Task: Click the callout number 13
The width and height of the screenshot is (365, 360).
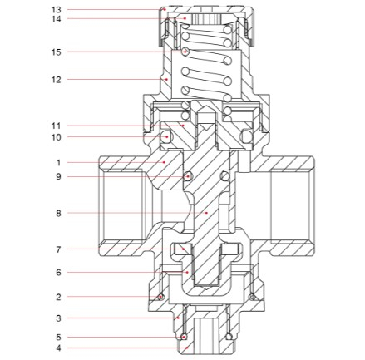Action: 56,10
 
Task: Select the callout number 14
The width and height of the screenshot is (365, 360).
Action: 56,19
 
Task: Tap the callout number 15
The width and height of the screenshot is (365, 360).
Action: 56,52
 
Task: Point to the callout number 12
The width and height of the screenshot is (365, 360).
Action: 56,80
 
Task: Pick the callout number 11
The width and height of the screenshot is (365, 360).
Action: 56,126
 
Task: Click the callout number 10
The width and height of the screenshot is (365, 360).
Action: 56,137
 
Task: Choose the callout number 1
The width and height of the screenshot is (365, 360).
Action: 58,163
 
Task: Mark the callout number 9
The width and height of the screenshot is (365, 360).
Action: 58,176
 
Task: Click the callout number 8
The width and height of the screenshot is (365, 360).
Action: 58,214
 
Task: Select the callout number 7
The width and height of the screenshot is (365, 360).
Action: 58,249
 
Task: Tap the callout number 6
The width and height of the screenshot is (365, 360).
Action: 58,273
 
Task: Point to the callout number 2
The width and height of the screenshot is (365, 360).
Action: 58,298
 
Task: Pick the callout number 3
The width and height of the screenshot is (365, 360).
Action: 58,318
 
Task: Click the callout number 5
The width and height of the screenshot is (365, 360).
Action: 58,338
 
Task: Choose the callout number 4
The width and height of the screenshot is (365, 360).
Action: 58,348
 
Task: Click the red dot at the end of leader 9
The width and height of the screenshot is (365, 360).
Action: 189,176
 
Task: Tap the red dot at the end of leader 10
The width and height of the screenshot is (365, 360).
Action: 167,137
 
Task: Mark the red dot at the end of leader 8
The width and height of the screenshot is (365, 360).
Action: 206,213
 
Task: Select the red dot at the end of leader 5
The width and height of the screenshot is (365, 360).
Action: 184,337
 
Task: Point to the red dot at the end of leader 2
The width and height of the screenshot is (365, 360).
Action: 160,297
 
